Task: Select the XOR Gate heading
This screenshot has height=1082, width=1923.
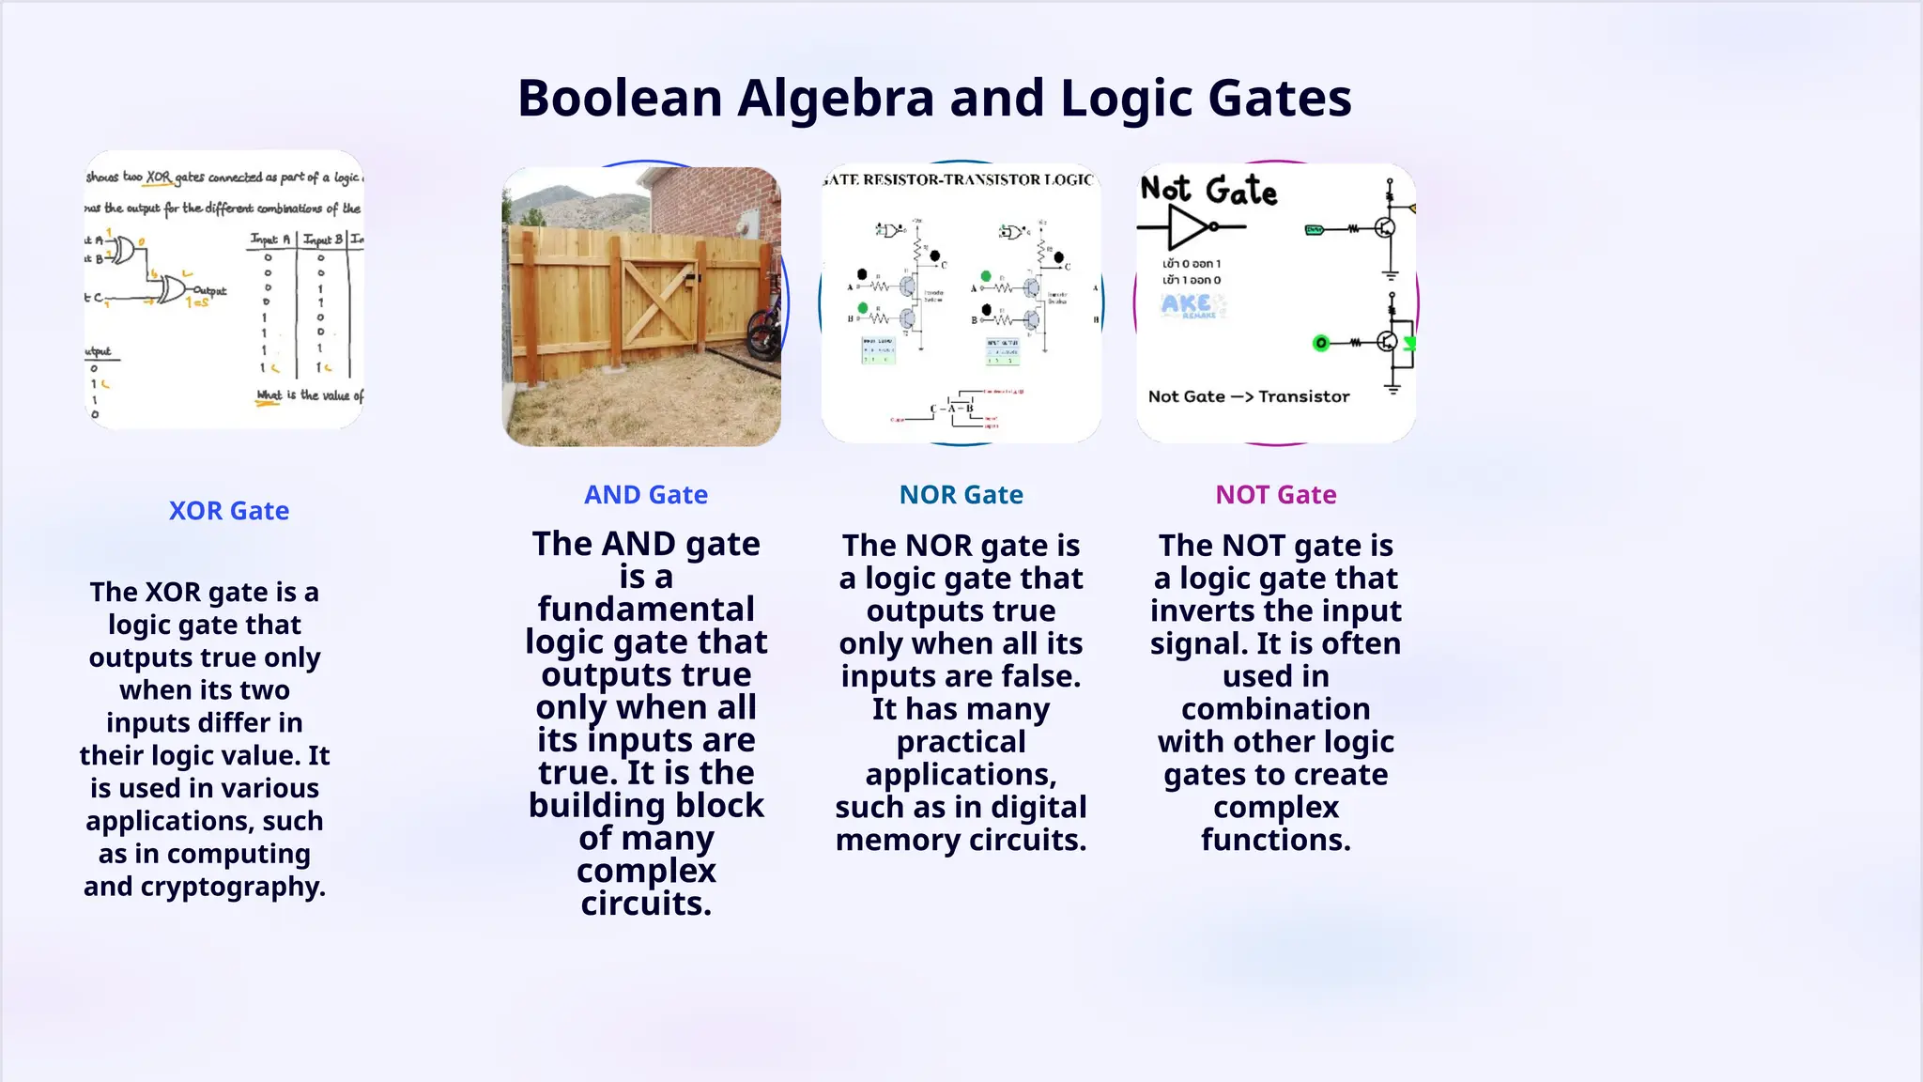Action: click(228, 511)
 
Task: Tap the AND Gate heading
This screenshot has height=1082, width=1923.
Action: click(646, 495)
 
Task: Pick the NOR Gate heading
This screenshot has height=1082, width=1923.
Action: click(961, 495)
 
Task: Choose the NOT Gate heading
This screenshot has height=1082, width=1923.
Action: click(1275, 495)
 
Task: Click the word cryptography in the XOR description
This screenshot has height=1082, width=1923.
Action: click(233, 887)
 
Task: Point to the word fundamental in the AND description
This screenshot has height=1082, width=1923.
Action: click(646, 610)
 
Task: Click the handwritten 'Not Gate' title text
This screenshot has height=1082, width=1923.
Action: click(1208, 191)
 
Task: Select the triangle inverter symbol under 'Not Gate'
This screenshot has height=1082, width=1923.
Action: click(1189, 227)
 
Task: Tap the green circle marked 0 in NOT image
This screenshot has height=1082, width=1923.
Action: click(1320, 343)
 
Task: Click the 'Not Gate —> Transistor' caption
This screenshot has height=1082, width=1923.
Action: click(1248, 396)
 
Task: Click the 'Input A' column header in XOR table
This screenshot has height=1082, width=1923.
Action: click(270, 240)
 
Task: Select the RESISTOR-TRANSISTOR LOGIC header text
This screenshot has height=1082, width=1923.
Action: click(961, 179)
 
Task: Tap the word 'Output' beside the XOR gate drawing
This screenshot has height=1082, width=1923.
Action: click(210, 290)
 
